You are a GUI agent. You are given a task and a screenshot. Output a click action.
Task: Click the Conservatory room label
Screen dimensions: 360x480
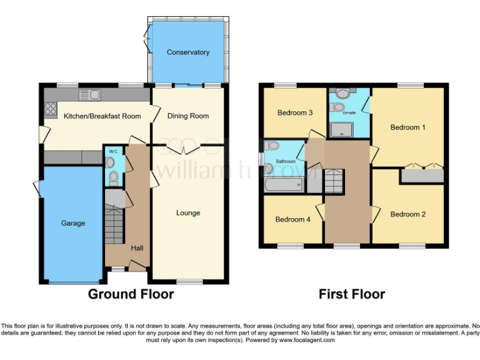coord(188,52)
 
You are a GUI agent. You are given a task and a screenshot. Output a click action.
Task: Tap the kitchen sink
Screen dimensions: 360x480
coord(91,94)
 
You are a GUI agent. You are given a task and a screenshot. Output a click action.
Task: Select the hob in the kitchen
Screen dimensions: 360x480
coord(49,109)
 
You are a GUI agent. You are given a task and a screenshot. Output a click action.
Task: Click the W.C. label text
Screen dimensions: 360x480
coord(113,152)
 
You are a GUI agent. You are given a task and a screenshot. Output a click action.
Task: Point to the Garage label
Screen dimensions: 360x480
coord(73,223)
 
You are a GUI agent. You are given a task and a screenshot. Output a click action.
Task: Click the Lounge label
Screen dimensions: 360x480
coord(188,213)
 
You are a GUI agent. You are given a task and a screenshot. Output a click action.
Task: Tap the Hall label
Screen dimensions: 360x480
coord(137,248)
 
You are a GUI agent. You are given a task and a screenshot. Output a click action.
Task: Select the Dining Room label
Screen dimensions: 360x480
coord(188,116)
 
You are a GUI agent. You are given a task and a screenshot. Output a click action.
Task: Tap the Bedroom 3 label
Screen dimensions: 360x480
coord(294,113)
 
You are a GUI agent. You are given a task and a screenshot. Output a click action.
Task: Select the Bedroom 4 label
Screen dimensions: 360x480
coord(292,219)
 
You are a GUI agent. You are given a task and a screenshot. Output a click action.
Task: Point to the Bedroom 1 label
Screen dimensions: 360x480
coord(408,127)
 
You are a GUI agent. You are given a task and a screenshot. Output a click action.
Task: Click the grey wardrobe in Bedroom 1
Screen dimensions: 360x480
coord(422,176)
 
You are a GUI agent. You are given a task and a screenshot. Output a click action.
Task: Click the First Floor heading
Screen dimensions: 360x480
coord(352,294)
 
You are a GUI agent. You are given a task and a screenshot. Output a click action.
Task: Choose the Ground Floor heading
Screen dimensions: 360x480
coord(131,294)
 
